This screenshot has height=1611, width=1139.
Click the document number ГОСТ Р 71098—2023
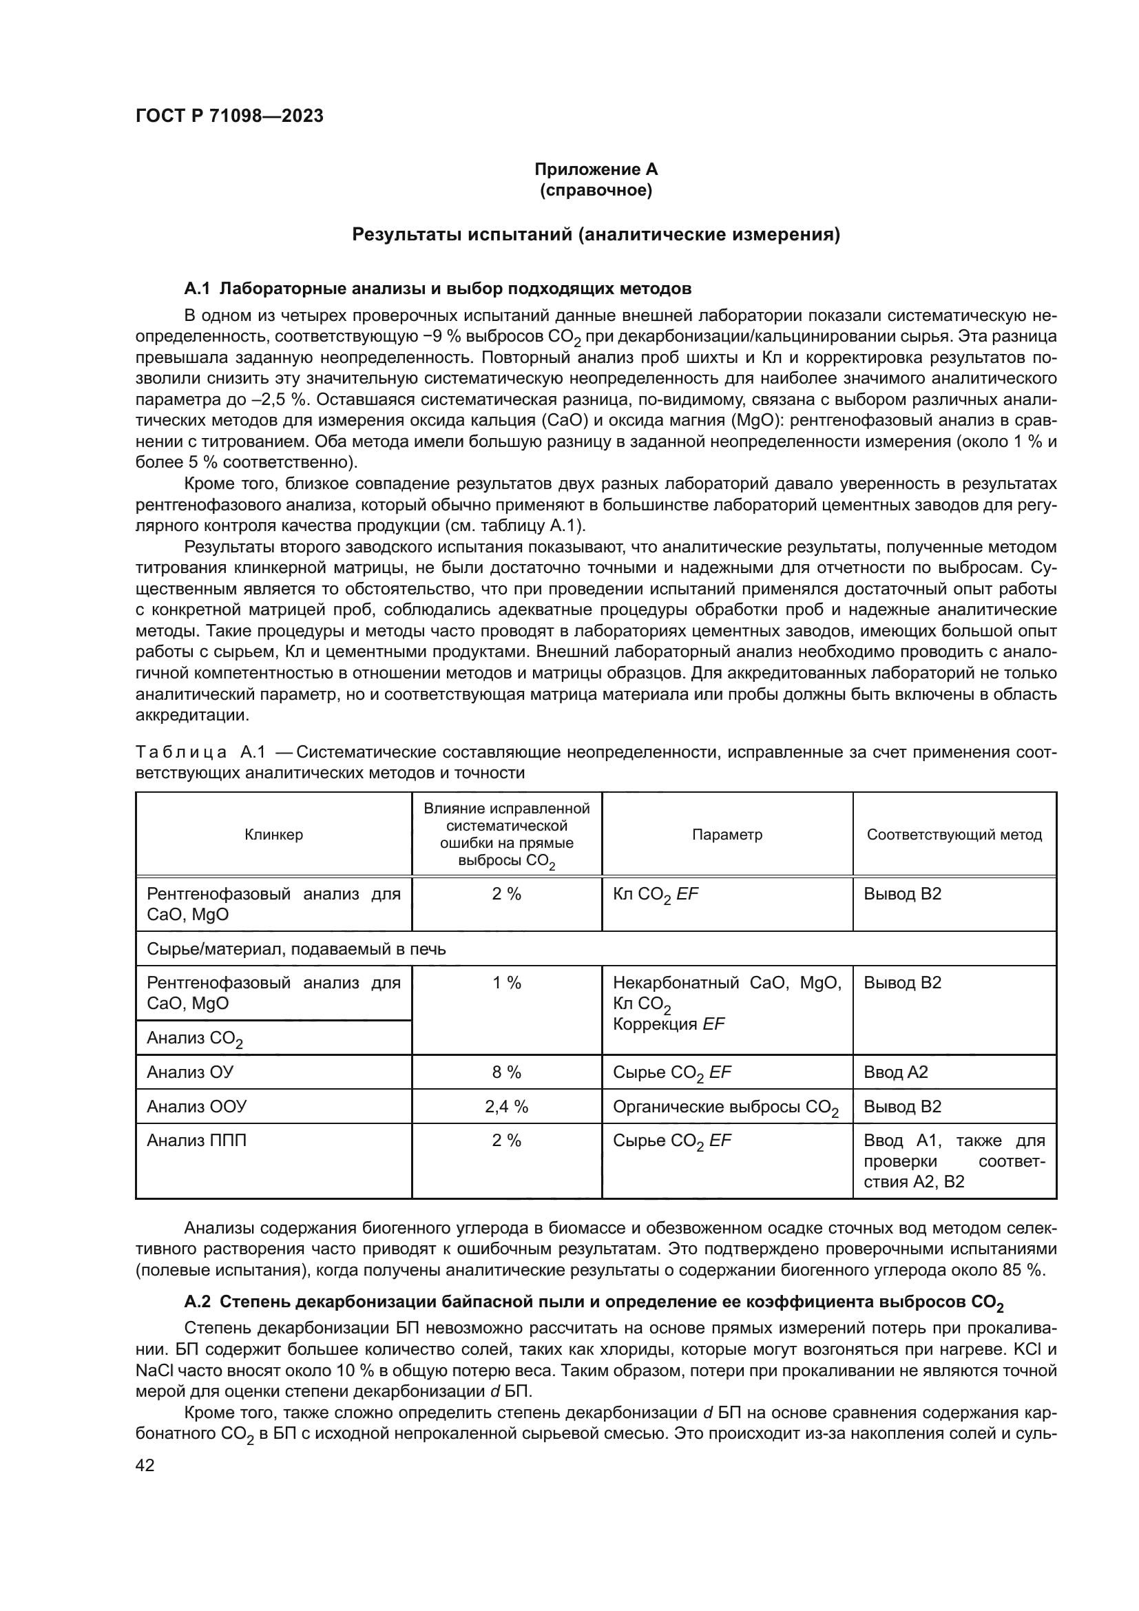(229, 116)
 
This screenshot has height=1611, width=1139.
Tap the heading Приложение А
(596, 169)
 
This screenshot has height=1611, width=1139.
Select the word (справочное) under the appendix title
(596, 190)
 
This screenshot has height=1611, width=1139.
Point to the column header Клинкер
(273, 834)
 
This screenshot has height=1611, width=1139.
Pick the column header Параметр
(727, 834)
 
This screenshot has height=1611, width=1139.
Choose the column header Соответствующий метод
(954, 834)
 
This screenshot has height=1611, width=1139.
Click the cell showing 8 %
(506, 1072)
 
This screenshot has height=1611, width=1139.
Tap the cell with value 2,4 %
(506, 1107)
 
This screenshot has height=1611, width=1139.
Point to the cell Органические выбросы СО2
(725, 1108)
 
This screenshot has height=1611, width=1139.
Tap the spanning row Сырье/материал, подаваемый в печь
(296, 949)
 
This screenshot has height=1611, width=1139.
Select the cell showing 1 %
(506, 983)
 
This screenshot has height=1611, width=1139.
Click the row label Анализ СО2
(194, 1039)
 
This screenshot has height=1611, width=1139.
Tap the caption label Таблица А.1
(200, 753)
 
